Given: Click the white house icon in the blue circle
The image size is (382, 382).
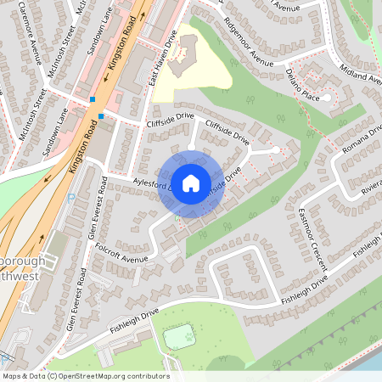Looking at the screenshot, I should (x=191, y=183).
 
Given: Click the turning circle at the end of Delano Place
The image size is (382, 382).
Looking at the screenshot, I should (x=327, y=98).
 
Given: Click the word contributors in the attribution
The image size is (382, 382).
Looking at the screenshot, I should (x=148, y=375).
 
